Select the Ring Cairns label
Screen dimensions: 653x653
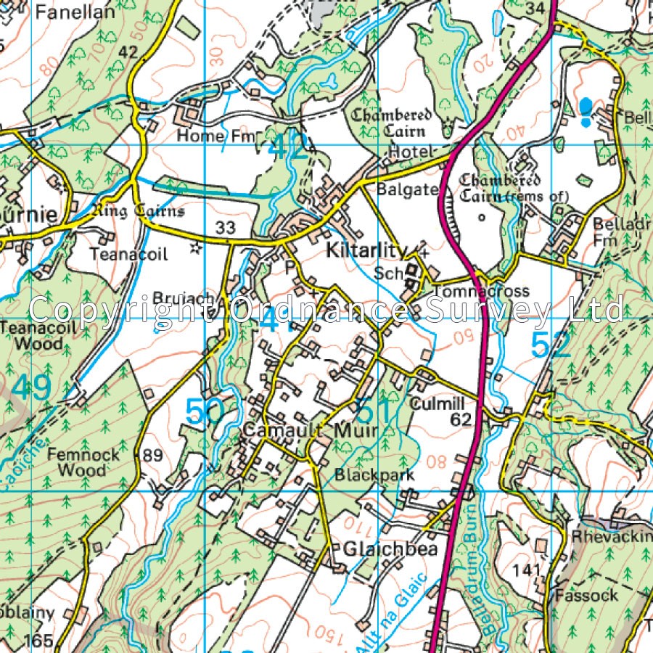point(139,211)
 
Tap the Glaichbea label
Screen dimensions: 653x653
point(391,549)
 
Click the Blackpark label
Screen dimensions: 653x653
point(374,475)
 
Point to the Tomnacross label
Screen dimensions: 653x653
point(480,291)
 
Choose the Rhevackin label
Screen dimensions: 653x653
point(611,538)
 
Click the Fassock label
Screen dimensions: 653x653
point(586,596)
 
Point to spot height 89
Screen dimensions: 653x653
point(153,456)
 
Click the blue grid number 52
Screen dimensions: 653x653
point(551,345)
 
